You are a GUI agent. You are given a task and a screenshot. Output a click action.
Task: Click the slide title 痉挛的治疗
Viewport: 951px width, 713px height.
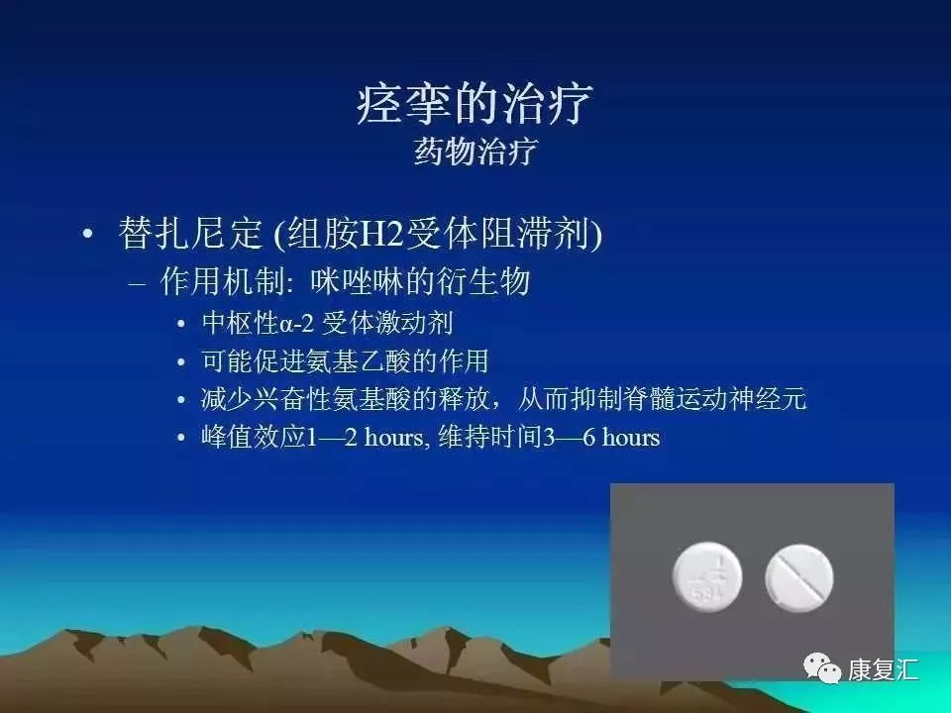475,104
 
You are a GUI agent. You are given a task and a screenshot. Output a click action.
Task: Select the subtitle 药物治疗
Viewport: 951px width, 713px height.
475,153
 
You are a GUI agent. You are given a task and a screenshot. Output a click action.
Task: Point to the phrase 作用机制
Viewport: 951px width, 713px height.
219,282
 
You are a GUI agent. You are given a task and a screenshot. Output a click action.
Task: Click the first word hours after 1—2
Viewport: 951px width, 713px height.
394,437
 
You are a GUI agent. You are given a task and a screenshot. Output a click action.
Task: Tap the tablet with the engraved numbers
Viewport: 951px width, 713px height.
706,575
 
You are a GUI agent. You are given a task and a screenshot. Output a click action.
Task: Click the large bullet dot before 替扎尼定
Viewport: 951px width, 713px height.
88,236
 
